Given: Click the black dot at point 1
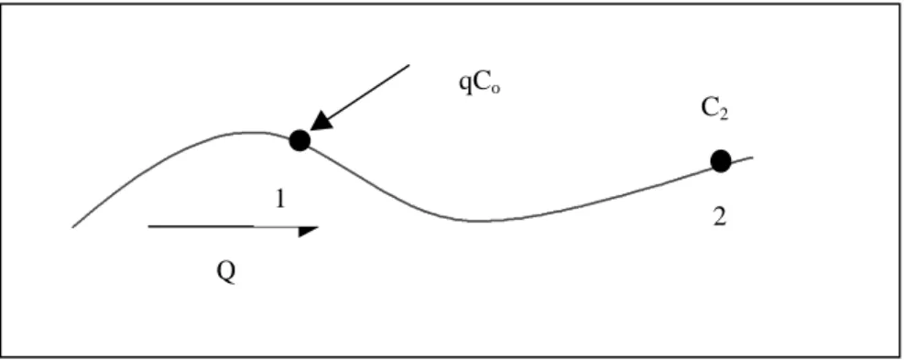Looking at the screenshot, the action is (300, 140).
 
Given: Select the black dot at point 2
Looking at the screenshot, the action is (721, 160).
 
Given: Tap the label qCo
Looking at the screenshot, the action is (479, 84).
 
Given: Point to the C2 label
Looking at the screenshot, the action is (715, 110).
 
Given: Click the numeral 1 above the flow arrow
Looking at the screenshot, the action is (280, 199).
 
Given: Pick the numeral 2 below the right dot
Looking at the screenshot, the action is (719, 217).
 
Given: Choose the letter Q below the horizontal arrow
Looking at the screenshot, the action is (226, 271).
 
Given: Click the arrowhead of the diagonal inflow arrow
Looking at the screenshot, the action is (319, 123).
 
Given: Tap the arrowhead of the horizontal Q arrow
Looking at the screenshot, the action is (309, 232).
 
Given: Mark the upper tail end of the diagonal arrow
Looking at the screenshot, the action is (408, 65).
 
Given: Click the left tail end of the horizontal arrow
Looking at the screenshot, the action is (149, 227).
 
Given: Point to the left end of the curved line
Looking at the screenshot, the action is (72, 227).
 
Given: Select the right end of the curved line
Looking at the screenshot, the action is (752, 157).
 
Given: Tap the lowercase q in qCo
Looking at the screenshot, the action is (464, 85).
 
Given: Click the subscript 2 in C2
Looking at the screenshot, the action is (724, 115).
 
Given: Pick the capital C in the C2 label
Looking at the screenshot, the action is (709, 109).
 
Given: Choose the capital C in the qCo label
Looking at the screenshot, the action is (481, 83).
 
